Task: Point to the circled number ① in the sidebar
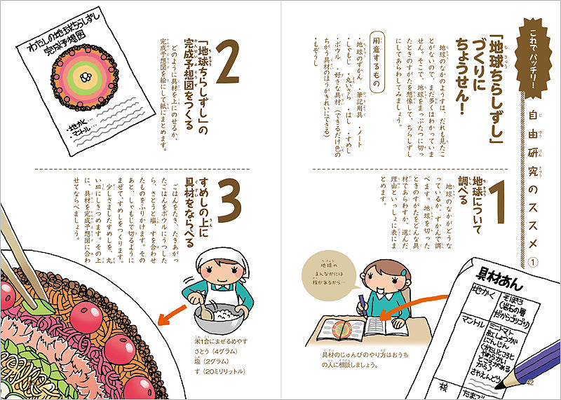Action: tap(531, 263)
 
